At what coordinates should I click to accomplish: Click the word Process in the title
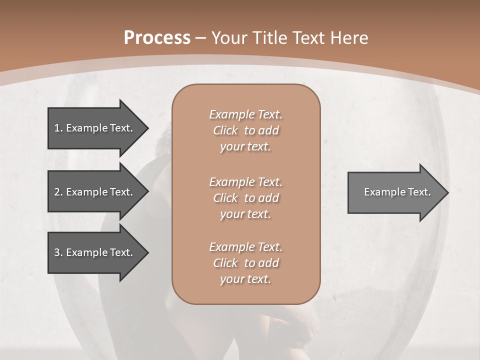(157, 38)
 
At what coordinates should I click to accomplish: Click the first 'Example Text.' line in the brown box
(245, 114)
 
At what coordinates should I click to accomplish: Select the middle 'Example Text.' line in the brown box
(245, 182)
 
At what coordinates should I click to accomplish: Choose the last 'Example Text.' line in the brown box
(245, 247)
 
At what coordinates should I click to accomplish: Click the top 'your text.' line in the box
(245, 147)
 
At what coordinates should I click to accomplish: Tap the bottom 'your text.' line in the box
(245, 279)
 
